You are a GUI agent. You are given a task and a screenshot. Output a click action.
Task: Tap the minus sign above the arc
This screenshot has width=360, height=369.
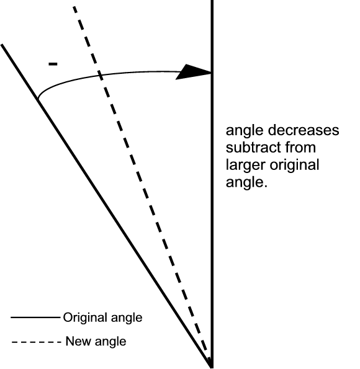[53, 64]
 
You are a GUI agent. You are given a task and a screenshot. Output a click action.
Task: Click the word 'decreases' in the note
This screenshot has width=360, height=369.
[304, 130]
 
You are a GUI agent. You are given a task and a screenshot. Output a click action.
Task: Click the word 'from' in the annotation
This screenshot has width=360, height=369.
[300, 148]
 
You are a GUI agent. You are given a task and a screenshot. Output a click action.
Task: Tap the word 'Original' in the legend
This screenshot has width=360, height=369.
[85, 318]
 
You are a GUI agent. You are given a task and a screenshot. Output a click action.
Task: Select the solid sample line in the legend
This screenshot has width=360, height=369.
[35, 318]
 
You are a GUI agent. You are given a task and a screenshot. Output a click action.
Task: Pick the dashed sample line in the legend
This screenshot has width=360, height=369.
[36, 342]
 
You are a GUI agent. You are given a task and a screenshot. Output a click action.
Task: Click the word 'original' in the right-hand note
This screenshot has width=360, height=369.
[294, 165]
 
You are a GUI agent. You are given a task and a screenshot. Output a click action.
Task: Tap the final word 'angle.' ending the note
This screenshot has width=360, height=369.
[246, 183]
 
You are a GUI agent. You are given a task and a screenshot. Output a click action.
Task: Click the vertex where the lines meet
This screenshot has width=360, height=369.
[211, 367]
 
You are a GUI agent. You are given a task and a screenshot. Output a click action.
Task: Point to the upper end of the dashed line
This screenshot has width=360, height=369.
[74, 7]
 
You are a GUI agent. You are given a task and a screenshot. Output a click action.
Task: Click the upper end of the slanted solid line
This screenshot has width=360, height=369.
[1, 45]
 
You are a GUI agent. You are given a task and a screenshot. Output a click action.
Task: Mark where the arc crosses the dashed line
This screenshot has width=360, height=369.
[100, 75]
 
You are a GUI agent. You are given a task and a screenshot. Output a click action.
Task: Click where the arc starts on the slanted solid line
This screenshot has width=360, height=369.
[38, 99]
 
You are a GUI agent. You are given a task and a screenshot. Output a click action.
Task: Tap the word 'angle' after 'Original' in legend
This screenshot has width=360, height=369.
[127, 318]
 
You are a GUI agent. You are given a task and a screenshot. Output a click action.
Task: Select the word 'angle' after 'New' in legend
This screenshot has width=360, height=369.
[110, 342]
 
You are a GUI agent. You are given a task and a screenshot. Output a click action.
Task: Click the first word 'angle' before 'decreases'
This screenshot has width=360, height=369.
[245, 131]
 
